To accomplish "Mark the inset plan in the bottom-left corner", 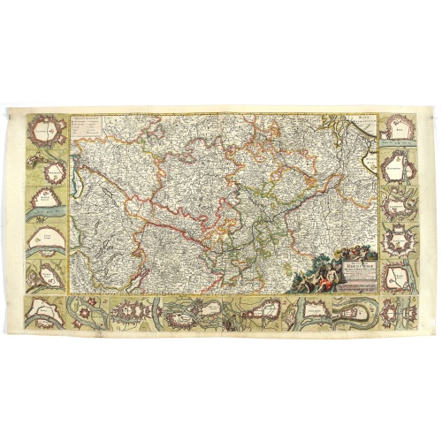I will (44, 311).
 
